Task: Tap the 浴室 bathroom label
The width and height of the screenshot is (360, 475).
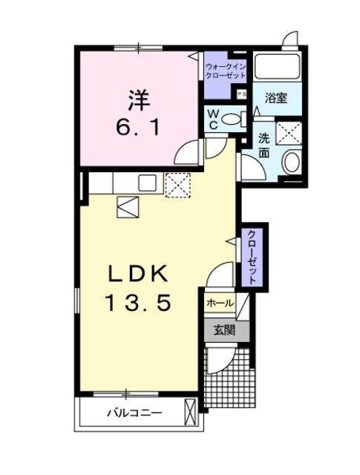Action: click(277, 98)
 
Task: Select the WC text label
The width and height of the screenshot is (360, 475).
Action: click(213, 119)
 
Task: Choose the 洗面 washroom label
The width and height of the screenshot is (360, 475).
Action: click(264, 145)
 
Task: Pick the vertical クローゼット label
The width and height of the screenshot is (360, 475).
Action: click(253, 257)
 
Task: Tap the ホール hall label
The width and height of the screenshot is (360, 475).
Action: click(220, 303)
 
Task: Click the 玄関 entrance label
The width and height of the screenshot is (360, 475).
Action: click(224, 330)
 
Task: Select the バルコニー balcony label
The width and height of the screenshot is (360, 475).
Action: click(134, 412)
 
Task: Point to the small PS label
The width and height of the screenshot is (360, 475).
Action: click(241, 94)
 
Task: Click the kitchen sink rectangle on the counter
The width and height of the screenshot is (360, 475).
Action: click(146, 182)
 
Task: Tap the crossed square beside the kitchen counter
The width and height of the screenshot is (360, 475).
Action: click(178, 184)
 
